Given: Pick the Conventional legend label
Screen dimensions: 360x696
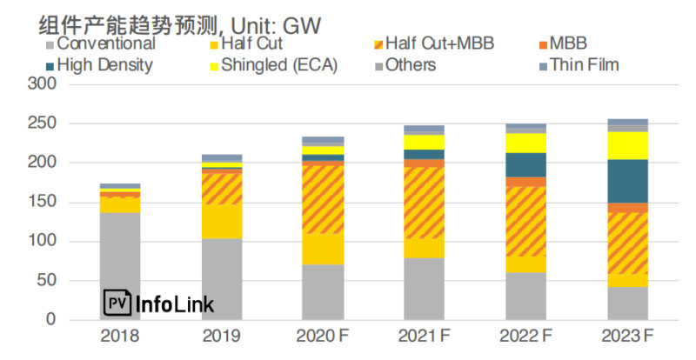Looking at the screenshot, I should click(100, 43).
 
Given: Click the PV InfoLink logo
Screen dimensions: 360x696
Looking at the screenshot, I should click(158, 303).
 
